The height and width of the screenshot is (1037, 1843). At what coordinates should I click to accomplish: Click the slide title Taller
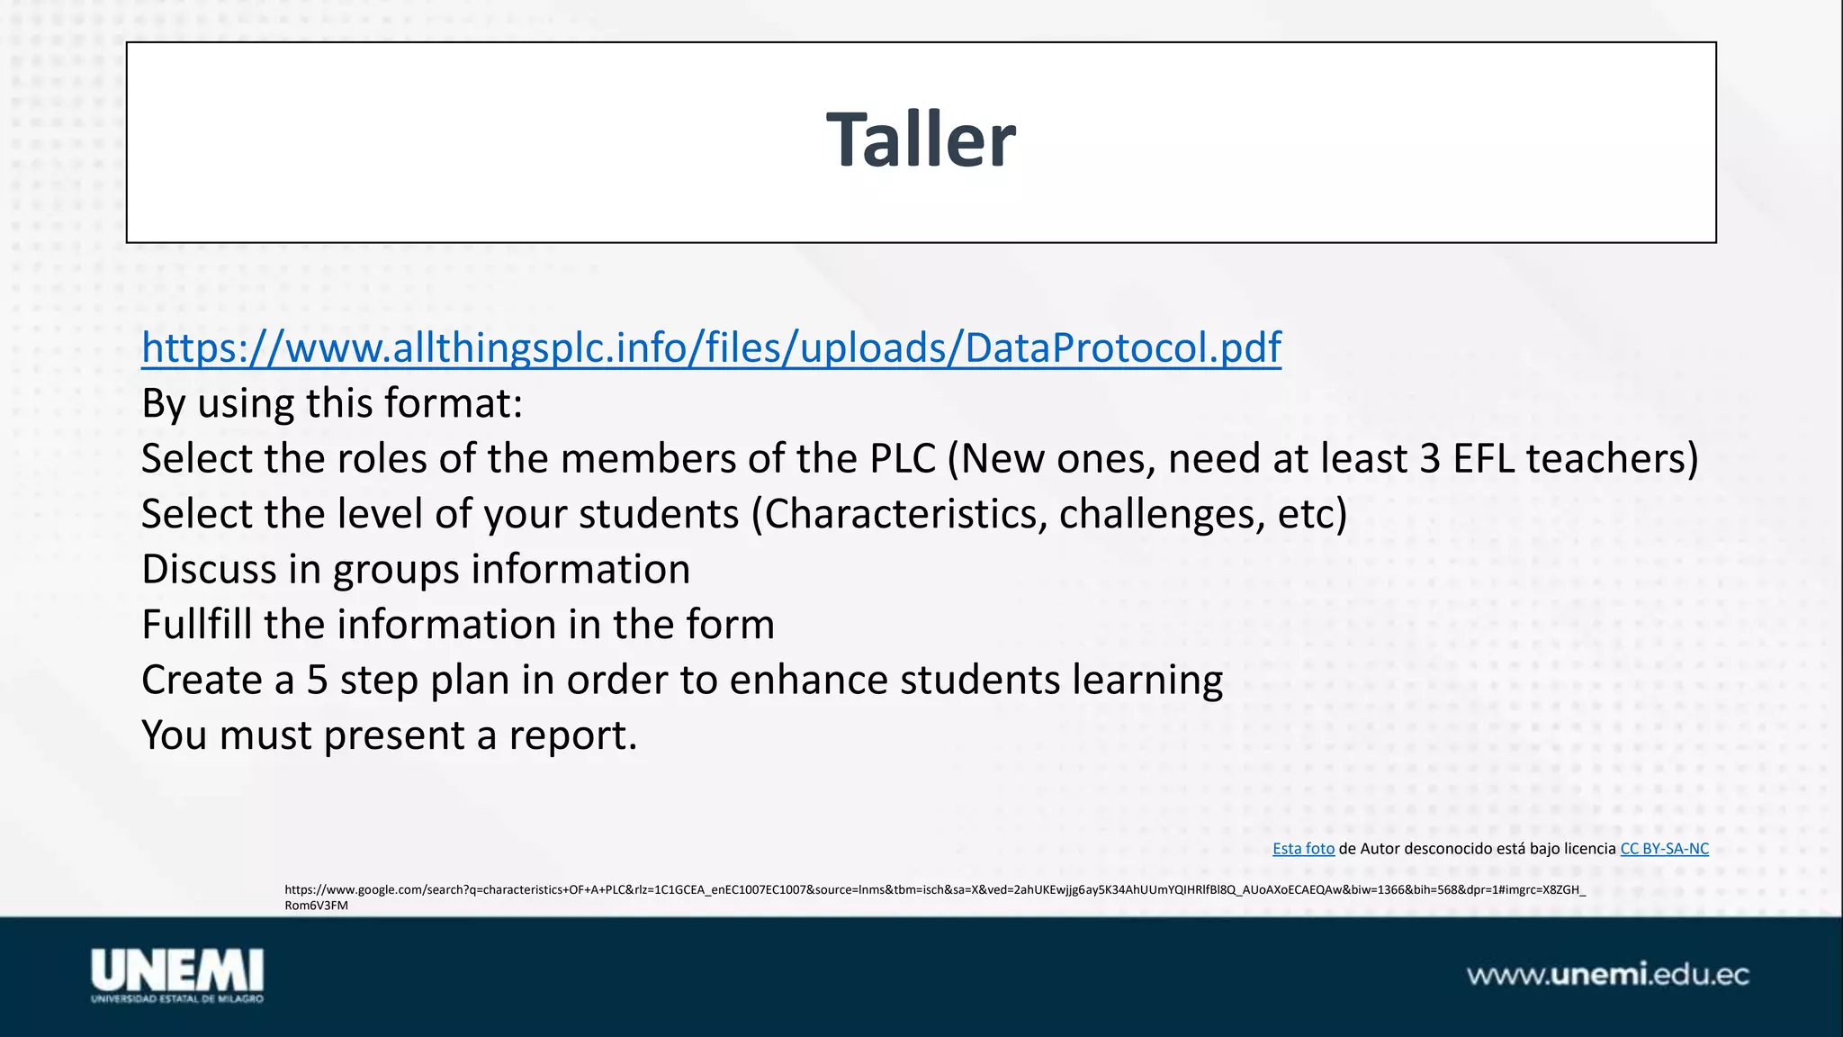click(921, 140)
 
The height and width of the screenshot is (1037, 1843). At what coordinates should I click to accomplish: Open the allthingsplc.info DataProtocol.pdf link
click(711, 347)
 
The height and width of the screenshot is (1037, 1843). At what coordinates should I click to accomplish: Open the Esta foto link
click(1303, 849)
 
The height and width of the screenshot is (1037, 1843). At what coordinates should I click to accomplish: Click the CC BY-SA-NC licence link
click(1664, 849)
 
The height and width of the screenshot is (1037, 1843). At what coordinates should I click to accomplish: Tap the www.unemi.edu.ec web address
click(1608, 975)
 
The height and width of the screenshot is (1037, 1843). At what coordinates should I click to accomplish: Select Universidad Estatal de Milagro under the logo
click(176, 998)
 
